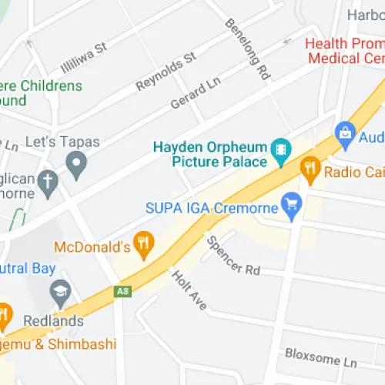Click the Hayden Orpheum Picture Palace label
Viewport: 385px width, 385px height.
coord(209,154)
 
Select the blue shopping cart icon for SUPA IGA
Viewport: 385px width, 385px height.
coord(292,206)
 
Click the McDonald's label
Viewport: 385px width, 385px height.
coord(90,247)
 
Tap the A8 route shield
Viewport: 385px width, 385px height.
coord(122,291)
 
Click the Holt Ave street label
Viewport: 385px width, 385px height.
coord(189,289)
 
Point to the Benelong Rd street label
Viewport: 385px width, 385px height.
coord(247,48)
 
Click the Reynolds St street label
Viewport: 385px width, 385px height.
coord(166,71)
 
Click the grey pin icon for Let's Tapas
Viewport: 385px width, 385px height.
coord(75,162)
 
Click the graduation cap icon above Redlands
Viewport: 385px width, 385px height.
coord(60,292)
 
